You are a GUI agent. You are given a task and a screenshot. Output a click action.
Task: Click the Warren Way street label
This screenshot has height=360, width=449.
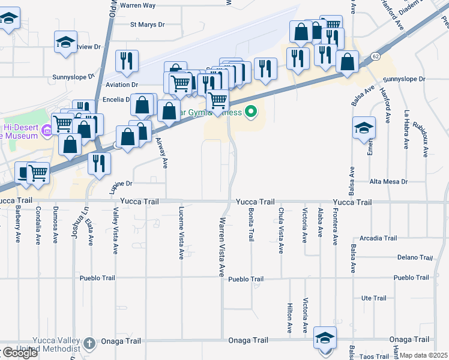137,5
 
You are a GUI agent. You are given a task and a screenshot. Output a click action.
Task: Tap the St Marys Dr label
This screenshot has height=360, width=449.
147,25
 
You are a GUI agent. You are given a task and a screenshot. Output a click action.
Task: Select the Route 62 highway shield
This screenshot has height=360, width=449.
375,56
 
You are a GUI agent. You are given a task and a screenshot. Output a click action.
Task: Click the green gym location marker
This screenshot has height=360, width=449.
252,112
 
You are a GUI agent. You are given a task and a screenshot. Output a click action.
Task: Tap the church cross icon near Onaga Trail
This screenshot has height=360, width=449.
89,343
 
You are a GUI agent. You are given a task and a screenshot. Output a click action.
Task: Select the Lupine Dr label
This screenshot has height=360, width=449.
120,184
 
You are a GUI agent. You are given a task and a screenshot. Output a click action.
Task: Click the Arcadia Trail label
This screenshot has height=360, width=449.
378,238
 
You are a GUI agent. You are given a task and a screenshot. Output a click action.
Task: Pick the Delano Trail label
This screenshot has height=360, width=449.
415,258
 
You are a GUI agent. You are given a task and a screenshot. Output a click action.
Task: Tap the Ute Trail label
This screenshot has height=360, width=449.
374,298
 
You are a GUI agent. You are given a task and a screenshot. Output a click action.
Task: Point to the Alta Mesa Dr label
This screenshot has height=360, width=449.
388,181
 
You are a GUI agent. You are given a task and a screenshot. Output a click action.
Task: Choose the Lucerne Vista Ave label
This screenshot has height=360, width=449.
181,233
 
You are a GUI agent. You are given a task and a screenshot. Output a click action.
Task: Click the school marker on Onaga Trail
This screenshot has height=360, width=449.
325,338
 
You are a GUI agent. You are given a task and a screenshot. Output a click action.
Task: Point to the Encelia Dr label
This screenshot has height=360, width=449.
116,100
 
